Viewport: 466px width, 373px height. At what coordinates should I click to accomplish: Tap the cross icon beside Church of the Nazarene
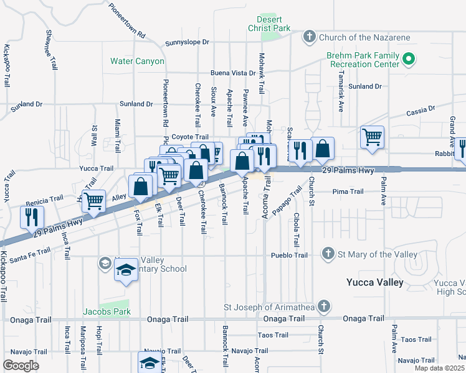click(x=309, y=37)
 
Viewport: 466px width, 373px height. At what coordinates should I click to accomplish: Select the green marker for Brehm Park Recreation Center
click(x=409, y=60)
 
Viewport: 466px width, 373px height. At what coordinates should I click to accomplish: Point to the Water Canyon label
click(x=137, y=62)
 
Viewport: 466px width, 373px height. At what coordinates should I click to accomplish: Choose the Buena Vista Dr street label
click(x=233, y=73)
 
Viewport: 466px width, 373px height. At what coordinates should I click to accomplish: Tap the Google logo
click(x=21, y=365)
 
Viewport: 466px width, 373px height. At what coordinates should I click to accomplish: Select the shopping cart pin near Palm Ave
click(x=372, y=136)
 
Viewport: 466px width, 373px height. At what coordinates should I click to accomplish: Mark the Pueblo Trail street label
click(x=289, y=256)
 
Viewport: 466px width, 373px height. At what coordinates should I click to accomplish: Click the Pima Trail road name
click(x=348, y=191)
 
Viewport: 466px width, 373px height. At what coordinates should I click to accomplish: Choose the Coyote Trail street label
click(x=189, y=137)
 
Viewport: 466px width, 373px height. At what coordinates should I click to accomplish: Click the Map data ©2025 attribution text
click(x=440, y=368)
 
